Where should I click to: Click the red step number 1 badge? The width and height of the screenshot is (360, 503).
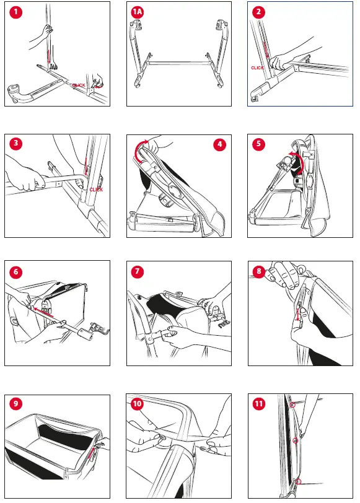click(15, 12)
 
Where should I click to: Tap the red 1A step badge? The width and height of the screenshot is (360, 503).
click(138, 12)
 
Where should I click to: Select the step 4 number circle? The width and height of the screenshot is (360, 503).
click(220, 144)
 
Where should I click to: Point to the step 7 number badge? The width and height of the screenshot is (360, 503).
click(138, 271)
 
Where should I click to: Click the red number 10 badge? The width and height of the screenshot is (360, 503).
click(137, 403)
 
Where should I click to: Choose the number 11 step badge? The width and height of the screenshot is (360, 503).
click(258, 403)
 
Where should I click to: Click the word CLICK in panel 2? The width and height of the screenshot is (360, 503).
click(257, 68)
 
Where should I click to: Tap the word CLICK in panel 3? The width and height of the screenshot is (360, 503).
click(96, 190)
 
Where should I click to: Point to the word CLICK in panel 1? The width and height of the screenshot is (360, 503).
click(79, 85)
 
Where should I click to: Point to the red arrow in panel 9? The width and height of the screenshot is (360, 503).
click(92, 453)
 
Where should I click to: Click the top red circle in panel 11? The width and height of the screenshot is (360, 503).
click(292, 405)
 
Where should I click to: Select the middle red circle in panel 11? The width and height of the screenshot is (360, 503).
click(296, 441)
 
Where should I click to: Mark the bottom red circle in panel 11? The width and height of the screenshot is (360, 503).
click(299, 481)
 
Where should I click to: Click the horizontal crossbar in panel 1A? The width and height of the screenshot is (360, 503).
click(179, 63)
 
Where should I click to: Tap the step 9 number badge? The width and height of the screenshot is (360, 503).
click(15, 403)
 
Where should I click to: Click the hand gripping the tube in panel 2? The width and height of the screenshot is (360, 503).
click(280, 61)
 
